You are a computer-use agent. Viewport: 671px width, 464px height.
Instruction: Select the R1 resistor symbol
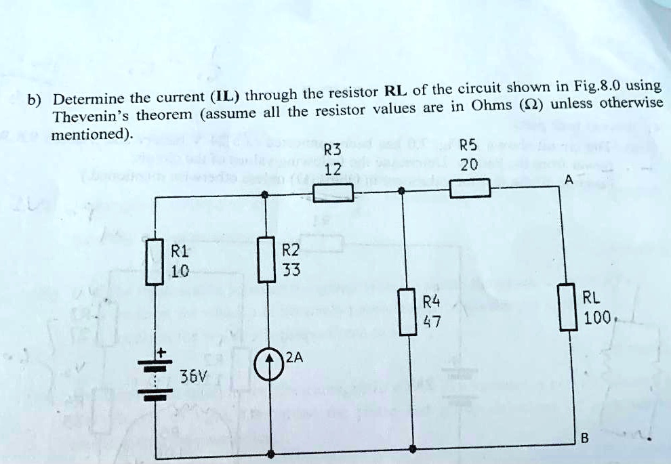[157, 263]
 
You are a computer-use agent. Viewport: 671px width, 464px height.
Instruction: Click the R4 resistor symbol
[407, 312]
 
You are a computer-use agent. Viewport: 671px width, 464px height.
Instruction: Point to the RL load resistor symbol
[567, 307]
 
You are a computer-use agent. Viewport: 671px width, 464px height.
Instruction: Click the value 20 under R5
[468, 165]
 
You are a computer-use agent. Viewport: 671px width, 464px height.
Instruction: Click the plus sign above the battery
[161, 353]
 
